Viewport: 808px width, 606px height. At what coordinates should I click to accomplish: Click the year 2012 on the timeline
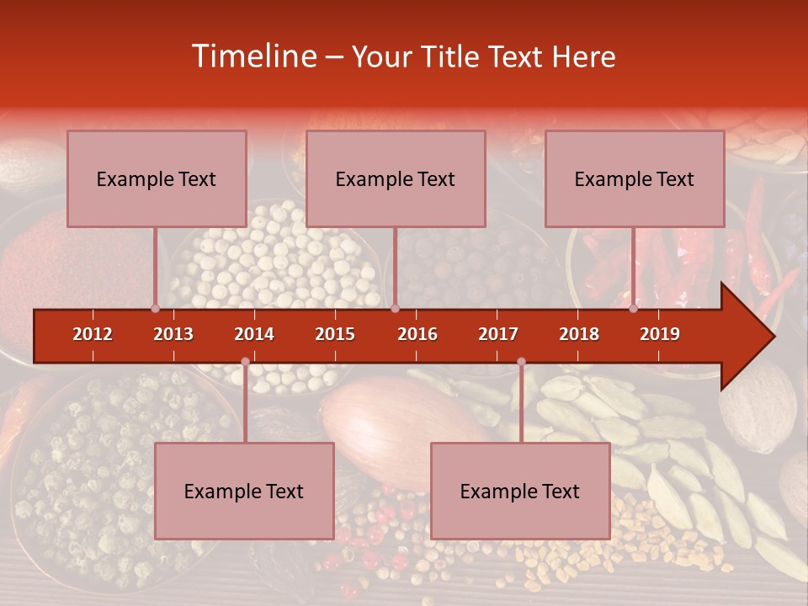click(93, 334)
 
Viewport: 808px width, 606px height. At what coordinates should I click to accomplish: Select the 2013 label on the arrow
click(173, 334)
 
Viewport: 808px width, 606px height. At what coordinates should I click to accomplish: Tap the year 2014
click(254, 334)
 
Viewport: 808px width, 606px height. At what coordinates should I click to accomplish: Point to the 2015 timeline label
click(335, 334)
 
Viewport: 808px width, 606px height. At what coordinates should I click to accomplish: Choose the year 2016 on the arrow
click(417, 334)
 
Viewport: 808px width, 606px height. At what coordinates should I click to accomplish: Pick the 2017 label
click(498, 334)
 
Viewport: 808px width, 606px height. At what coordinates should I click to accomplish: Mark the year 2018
click(579, 334)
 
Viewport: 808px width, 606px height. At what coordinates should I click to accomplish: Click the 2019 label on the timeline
click(660, 334)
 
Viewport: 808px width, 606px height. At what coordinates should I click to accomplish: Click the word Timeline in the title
click(252, 56)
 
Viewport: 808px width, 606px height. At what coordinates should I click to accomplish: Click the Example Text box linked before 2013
click(157, 178)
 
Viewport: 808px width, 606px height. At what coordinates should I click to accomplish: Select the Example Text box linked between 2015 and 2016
click(396, 178)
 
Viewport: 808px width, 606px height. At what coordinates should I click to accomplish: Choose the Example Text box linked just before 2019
click(635, 178)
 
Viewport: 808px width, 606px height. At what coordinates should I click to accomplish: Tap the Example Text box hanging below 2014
click(244, 491)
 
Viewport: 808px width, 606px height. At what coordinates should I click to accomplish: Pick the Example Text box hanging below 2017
click(520, 491)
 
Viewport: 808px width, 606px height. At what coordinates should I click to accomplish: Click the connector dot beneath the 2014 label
click(245, 361)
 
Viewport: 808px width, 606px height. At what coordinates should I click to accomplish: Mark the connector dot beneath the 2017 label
click(521, 361)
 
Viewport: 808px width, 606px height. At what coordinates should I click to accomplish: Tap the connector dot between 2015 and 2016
click(395, 308)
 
